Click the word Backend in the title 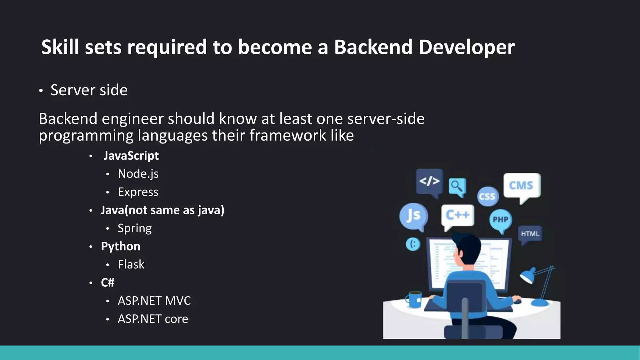point(373,47)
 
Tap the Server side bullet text point(89,90)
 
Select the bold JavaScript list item point(131,156)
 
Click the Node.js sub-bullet point(138,174)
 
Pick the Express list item point(138,192)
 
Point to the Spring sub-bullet point(134,228)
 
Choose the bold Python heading point(120,247)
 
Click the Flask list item point(131,265)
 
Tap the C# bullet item point(107,283)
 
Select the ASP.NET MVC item point(154,301)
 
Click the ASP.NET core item point(153,319)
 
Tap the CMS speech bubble point(521,186)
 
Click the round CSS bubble point(487,196)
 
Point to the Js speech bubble point(413,216)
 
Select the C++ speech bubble point(457,215)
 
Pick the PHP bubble point(500,219)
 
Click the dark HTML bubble point(530,234)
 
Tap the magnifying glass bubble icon point(457,186)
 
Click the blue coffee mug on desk point(414,299)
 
